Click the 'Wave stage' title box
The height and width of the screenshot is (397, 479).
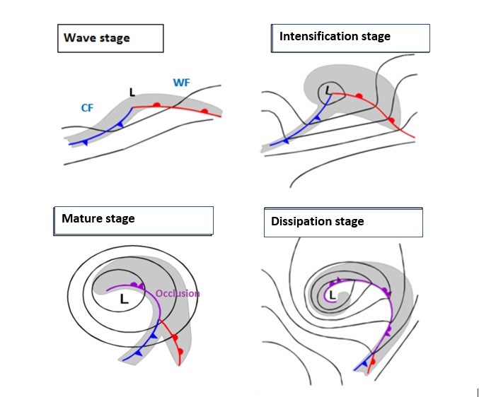tap(110, 38)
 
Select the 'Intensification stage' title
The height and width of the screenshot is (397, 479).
tap(350, 37)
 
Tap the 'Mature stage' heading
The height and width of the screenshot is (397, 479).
tap(133, 220)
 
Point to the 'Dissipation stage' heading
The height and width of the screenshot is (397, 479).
tap(343, 223)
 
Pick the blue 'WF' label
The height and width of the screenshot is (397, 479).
tap(181, 83)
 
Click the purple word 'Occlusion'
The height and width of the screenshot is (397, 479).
tap(178, 293)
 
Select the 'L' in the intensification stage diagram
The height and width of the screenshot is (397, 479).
tap(326, 90)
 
